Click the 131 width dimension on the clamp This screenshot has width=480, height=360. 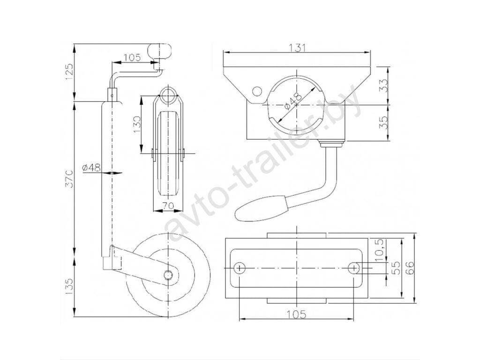(x=298, y=48)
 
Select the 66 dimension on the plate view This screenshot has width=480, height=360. (x=409, y=268)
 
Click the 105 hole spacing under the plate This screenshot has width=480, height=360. (x=297, y=314)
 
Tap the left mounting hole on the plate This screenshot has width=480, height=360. (x=240, y=268)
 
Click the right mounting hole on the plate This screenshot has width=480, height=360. (x=354, y=268)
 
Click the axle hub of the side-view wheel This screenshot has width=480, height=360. (x=168, y=274)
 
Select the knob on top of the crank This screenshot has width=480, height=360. (x=160, y=51)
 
